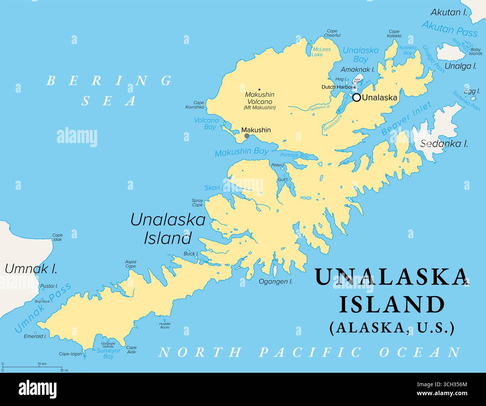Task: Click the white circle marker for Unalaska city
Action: pos(357,97)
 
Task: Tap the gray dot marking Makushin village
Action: pos(247,136)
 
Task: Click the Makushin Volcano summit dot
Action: pos(259,90)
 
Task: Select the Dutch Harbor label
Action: pos(337,87)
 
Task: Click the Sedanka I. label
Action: pos(444,143)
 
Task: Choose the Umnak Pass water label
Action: pos(42,308)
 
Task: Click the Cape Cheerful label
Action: pos(332,33)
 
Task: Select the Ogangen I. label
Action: pos(276,281)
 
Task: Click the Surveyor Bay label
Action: pos(108,353)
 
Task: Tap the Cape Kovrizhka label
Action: pos(195,105)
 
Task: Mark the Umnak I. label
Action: pos(31,268)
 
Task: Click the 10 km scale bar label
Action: pos(41,364)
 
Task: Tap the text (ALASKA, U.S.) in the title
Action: pos(392,327)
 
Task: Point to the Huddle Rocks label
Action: pos(164,325)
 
